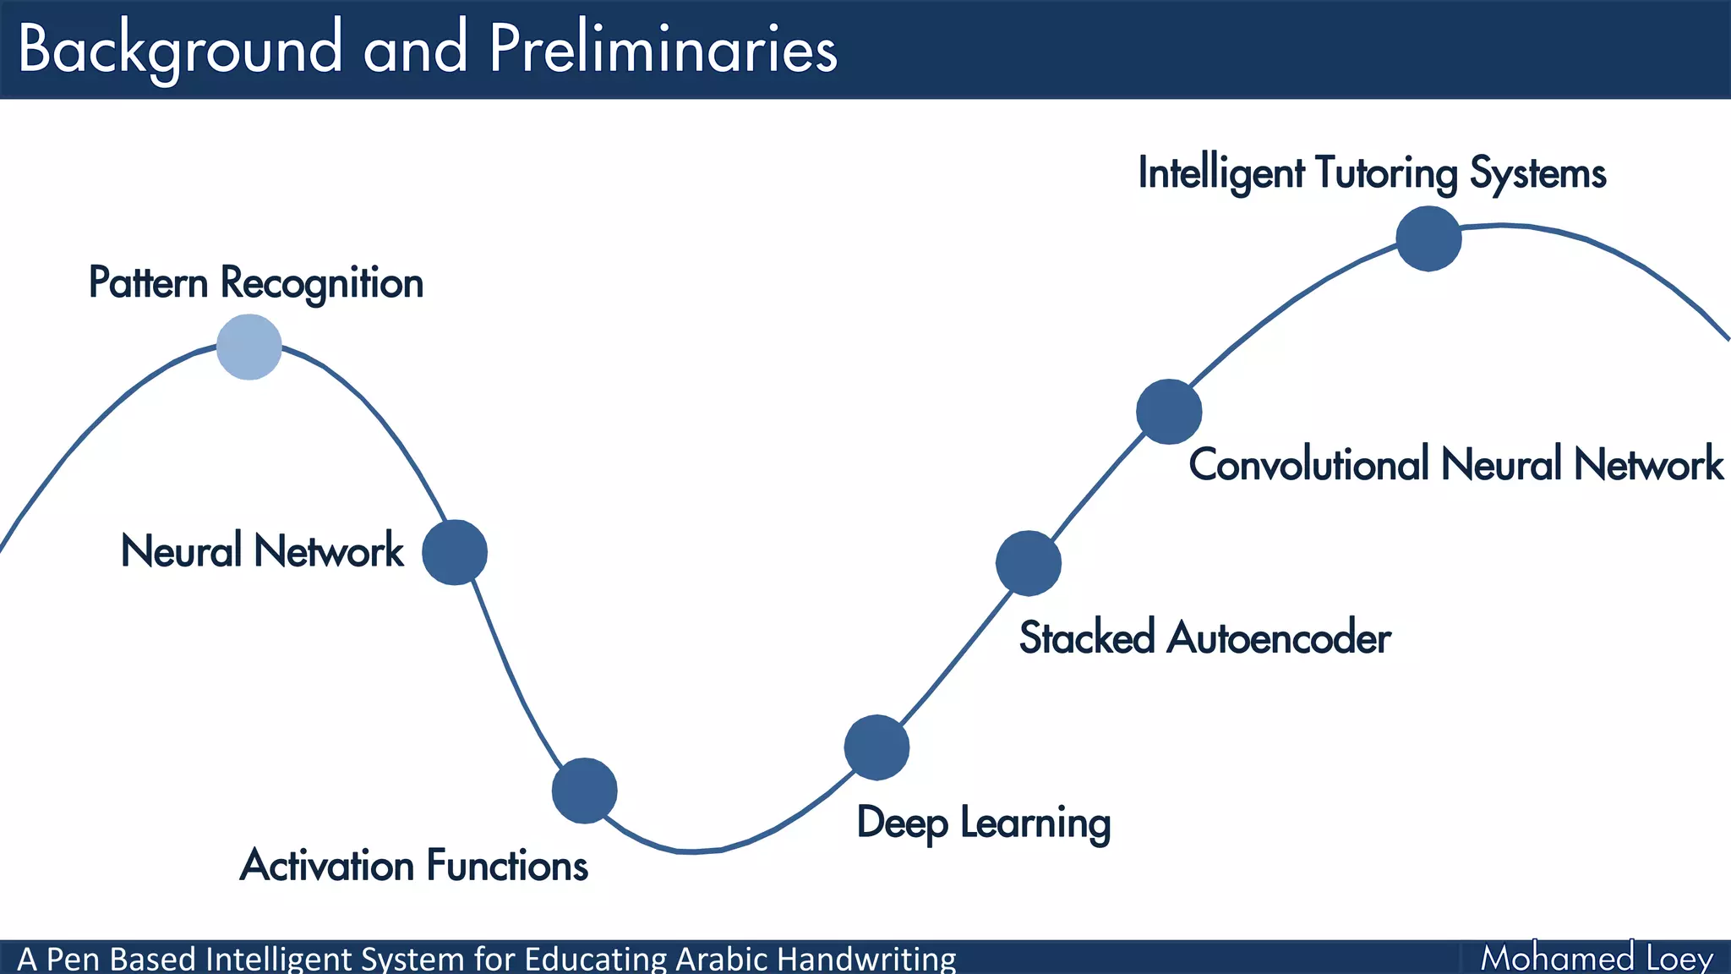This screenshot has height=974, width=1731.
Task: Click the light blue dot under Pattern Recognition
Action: pyautogui.click(x=248, y=347)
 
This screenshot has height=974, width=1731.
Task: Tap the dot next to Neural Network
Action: pyautogui.click(x=455, y=552)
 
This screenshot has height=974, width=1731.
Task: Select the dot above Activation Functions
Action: pyautogui.click(x=584, y=791)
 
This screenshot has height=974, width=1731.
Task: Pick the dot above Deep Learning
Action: pyautogui.click(x=876, y=747)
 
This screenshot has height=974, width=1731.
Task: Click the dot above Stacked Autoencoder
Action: pyautogui.click(x=1028, y=563)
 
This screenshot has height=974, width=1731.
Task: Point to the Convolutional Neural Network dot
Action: pyautogui.click(x=1169, y=412)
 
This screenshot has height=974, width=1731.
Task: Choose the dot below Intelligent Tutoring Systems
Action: pyautogui.click(x=1428, y=238)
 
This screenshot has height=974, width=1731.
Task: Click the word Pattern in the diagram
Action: pyautogui.click(x=148, y=282)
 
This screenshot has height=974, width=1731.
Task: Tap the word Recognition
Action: pyautogui.click(x=322, y=283)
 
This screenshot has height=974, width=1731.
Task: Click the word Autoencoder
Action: pyautogui.click(x=1278, y=637)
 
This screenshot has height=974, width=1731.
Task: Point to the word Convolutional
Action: pyautogui.click(x=1308, y=464)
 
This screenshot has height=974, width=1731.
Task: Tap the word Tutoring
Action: pyautogui.click(x=1386, y=173)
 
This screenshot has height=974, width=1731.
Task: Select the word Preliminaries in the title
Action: pyautogui.click(x=663, y=49)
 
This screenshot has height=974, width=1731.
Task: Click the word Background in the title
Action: pyautogui.click(x=180, y=49)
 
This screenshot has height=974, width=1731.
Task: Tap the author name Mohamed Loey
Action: pyautogui.click(x=1597, y=958)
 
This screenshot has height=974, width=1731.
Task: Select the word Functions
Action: pyautogui.click(x=507, y=866)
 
